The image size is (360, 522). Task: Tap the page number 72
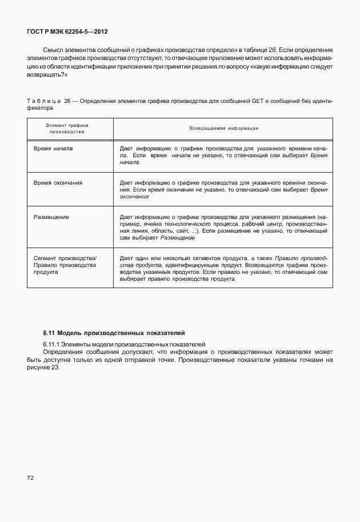[x=30, y=477]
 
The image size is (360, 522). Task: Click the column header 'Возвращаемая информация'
[x=223, y=128]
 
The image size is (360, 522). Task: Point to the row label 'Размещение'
[x=51, y=217]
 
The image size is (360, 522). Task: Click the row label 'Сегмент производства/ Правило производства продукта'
[x=65, y=265]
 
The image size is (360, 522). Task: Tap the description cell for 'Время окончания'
[x=223, y=189]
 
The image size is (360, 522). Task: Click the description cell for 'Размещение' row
[x=223, y=227]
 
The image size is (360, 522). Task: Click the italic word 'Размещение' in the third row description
[x=178, y=237]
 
